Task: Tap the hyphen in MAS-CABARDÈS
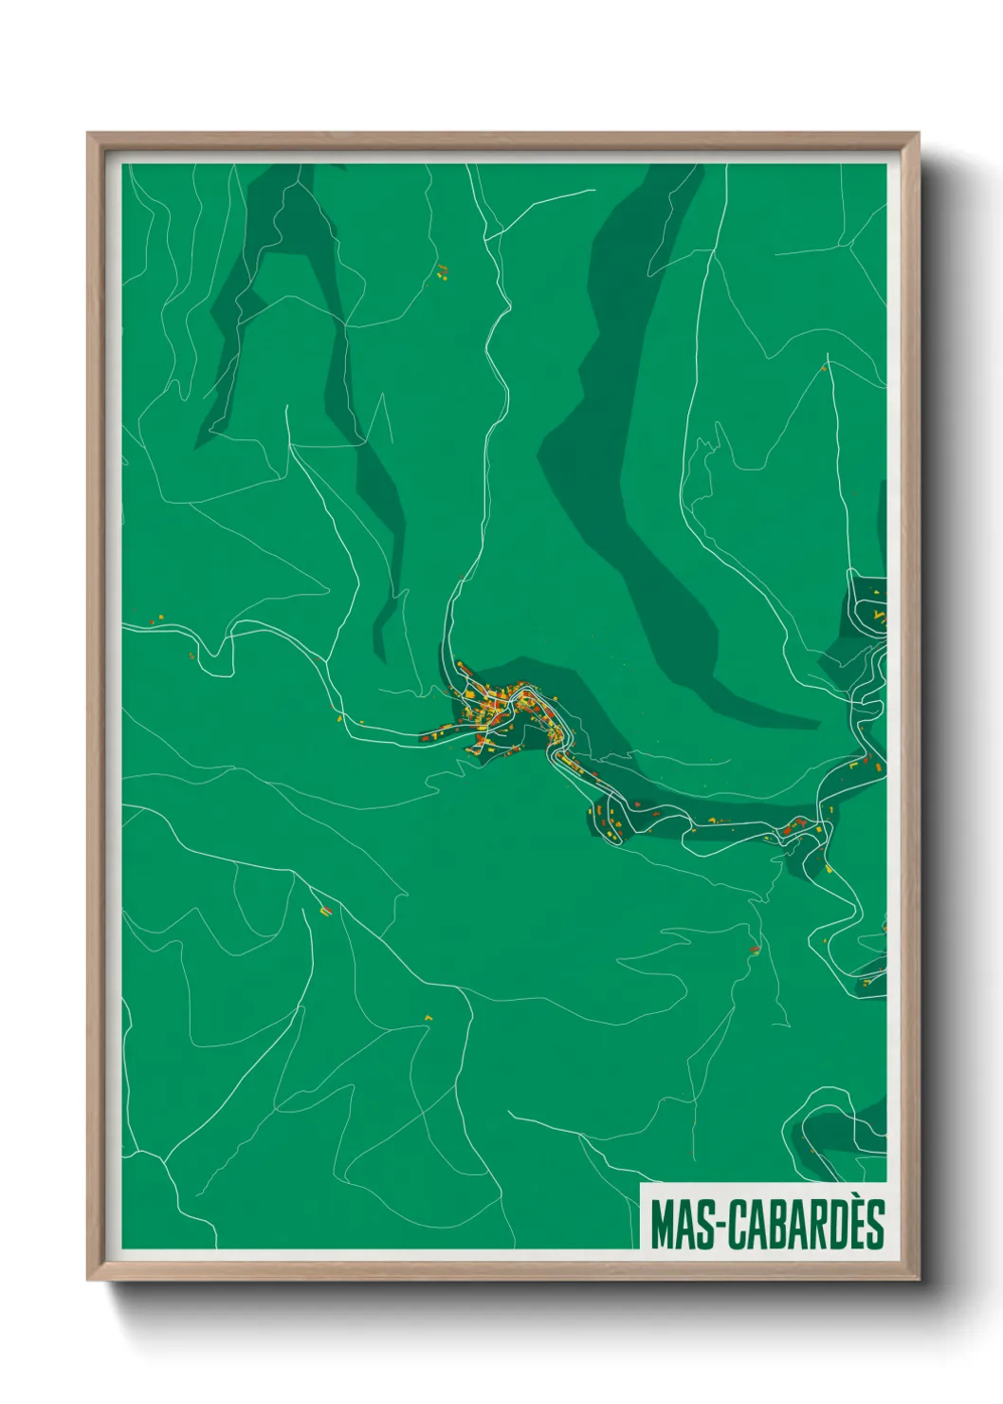click(718, 1226)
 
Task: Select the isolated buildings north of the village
click(441, 273)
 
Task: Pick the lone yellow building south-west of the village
click(428, 1018)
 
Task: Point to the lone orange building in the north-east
click(825, 367)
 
